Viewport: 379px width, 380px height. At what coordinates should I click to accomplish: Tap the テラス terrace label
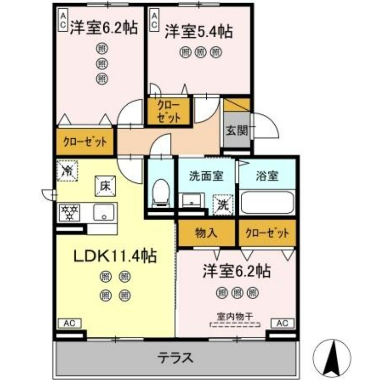[x=175, y=358]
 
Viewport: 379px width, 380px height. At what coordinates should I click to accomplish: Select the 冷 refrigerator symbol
[x=67, y=171]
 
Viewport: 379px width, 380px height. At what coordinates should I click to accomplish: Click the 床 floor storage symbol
[x=104, y=186]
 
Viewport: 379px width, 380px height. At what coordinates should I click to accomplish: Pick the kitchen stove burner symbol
[x=70, y=212]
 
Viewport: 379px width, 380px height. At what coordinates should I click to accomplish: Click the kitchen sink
[x=104, y=212]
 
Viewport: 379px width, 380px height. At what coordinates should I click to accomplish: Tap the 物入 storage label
[x=206, y=234]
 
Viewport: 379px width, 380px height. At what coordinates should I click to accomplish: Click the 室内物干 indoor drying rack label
[x=234, y=317]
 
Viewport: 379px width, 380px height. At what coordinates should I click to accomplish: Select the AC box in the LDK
[x=69, y=323]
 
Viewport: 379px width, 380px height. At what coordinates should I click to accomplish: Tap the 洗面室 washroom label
[x=205, y=175]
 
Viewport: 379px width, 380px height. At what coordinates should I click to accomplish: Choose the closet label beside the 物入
[x=267, y=234]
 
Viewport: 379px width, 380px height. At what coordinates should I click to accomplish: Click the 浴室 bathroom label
[x=267, y=175]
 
